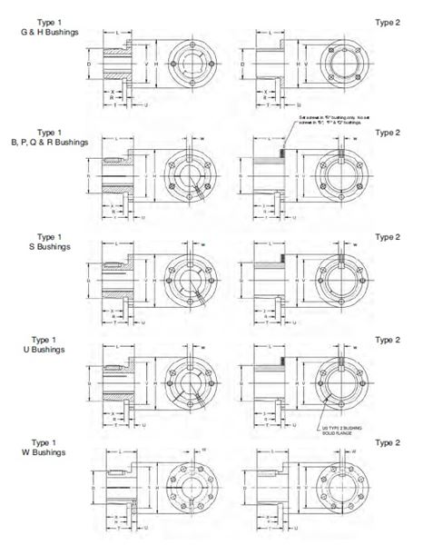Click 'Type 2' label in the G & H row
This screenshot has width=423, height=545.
click(x=387, y=20)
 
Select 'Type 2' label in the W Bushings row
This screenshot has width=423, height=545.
click(x=387, y=442)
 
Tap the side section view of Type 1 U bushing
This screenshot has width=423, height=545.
click(x=117, y=384)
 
